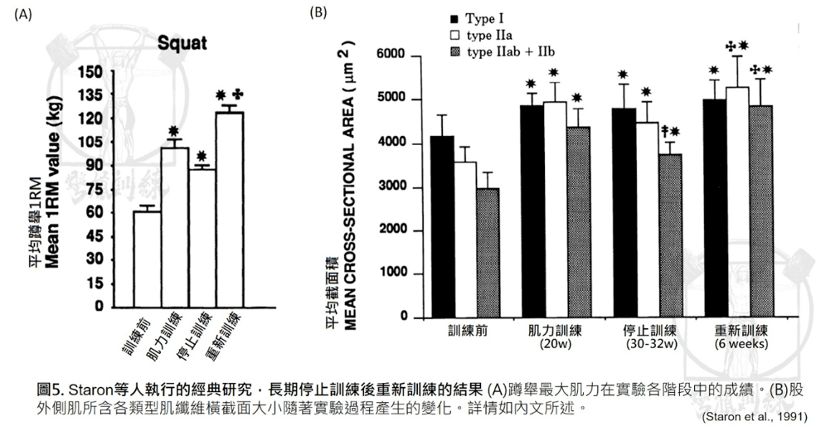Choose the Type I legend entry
pyautogui.click(x=478, y=18)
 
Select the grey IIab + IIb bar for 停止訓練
pyautogui.click(x=670, y=235)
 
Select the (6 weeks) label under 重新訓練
pyautogui.click(x=739, y=344)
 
